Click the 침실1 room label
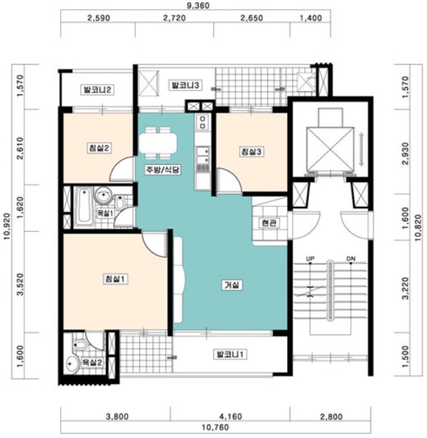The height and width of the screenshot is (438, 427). pyautogui.click(x=115, y=279)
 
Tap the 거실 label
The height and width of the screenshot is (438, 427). pyautogui.click(x=232, y=285)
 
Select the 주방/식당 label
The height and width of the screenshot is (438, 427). pyautogui.click(x=163, y=170)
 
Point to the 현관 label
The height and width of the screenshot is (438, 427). pyautogui.click(x=269, y=223)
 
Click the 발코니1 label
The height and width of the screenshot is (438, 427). pyautogui.click(x=230, y=355)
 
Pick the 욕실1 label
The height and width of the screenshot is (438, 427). pyautogui.click(x=105, y=213)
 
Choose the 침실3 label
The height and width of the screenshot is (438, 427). pyautogui.click(x=251, y=152)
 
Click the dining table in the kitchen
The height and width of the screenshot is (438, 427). pyautogui.click(x=158, y=143)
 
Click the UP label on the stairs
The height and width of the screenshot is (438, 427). pyautogui.click(x=310, y=259)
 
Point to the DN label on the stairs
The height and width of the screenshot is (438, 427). pyautogui.click(x=351, y=259)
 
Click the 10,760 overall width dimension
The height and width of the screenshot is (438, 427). pyautogui.click(x=215, y=428)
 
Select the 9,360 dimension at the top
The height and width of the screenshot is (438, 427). pyautogui.click(x=198, y=6)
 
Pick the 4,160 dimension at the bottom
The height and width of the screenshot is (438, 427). pyautogui.click(x=231, y=417)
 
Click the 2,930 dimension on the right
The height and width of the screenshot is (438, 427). pyautogui.click(x=406, y=154)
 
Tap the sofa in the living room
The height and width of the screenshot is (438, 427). pyautogui.click(x=178, y=280)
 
